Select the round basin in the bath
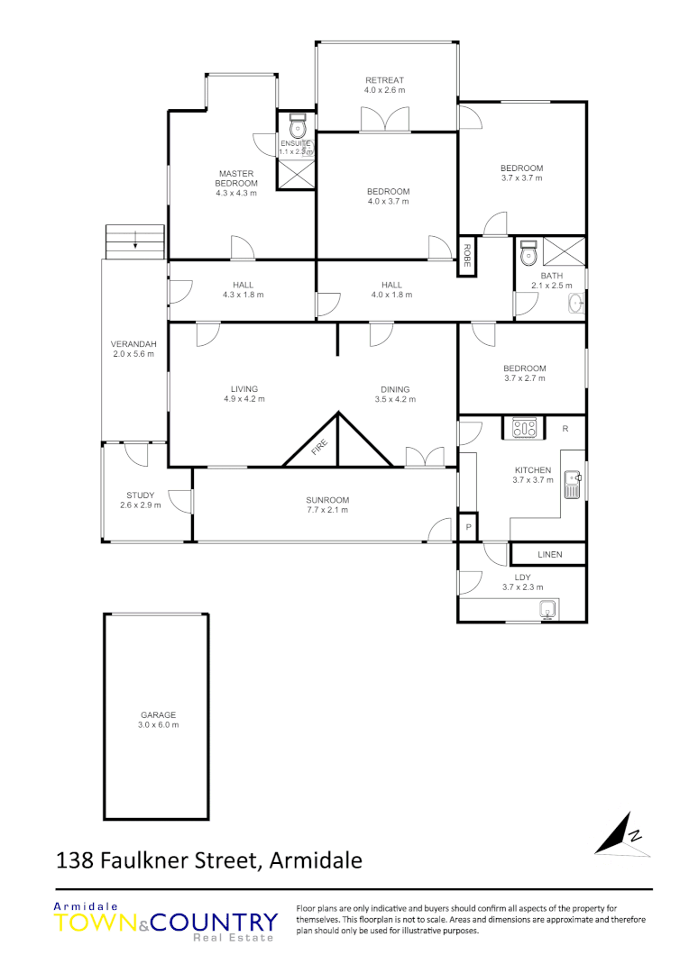click(x=575, y=304)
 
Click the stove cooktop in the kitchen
click(x=524, y=428)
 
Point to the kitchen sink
click(x=572, y=485)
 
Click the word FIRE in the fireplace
click(x=320, y=448)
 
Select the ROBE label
click(x=467, y=257)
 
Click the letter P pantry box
click(x=468, y=527)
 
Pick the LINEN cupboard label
click(x=549, y=554)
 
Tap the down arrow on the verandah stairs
click(x=135, y=241)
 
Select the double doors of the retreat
click(x=379, y=120)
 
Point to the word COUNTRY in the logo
click(x=215, y=923)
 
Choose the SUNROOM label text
click(x=326, y=500)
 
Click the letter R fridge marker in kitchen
click(x=565, y=428)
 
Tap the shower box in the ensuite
click(x=296, y=174)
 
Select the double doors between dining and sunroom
click(x=425, y=457)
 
